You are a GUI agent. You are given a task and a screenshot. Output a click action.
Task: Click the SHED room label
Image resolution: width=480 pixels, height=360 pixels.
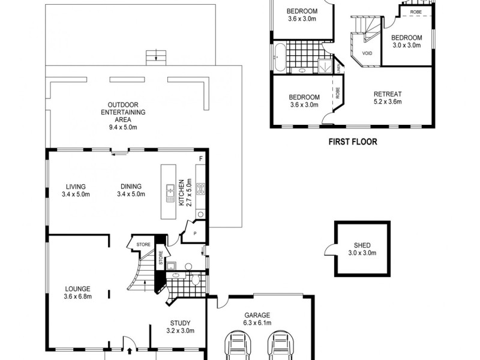(361, 245)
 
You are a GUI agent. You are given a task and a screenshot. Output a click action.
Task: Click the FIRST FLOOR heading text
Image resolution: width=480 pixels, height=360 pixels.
(352, 142)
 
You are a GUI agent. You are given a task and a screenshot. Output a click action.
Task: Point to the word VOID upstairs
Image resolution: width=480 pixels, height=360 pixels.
(367, 52)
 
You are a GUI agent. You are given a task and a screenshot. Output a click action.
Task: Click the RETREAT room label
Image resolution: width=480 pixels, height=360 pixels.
(387, 94)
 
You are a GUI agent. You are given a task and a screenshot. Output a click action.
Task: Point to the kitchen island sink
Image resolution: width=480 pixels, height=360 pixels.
(169, 192)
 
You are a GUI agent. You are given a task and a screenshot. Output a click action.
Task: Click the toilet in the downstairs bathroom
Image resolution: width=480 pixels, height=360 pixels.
(194, 280)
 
